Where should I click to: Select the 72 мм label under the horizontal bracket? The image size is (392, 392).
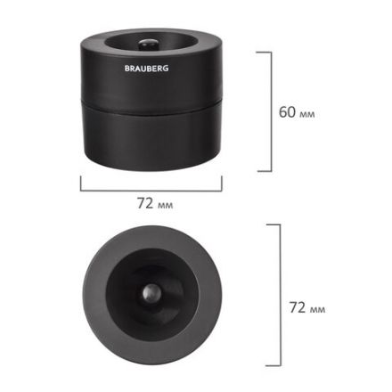pyautogui.click(x=154, y=203)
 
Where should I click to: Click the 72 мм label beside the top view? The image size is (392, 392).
pyautogui.click(x=306, y=307)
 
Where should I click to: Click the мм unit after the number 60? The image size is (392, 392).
pyautogui.click(x=307, y=114)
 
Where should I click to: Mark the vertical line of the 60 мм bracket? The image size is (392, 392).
pyautogui.click(x=270, y=111)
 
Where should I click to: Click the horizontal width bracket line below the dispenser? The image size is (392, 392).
pyautogui.click(x=151, y=189)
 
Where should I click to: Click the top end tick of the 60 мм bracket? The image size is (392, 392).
pyautogui.click(x=264, y=52)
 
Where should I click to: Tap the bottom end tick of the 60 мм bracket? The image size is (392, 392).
pyautogui.click(x=264, y=170)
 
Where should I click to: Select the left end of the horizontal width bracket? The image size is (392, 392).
pyautogui.click(x=81, y=183)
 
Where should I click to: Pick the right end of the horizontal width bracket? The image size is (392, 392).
pyautogui.click(x=222, y=183)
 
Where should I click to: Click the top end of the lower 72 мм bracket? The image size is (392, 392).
pyautogui.click(x=274, y=225)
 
